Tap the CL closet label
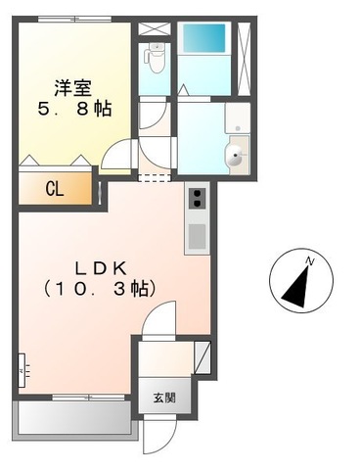(x=53, y=189)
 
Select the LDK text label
(x=99, y=267)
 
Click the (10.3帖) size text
(x=99, y=289)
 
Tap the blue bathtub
(x=202, y=40)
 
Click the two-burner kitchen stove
(x=197, y=200)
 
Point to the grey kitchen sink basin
(x=197, y=236)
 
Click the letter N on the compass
(x=309, y=261)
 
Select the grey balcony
(x=72, y=420)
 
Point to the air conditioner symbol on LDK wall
(x=21, y=372)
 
